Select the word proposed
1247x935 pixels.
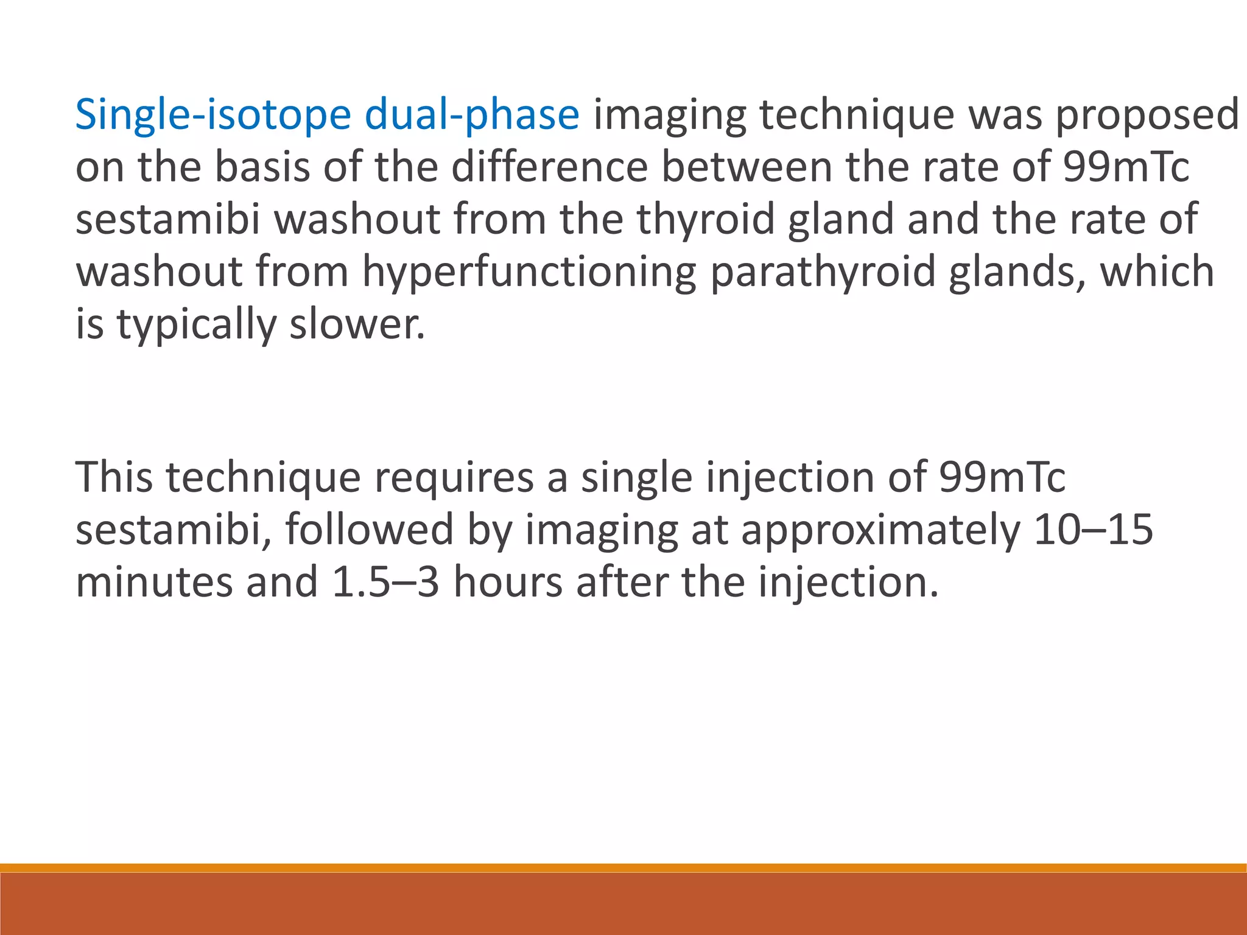pos(1147,115)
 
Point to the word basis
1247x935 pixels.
pos(262,167)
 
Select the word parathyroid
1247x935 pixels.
pos(823,271)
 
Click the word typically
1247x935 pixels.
pos(197,324)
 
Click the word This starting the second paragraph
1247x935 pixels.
pos(114,477)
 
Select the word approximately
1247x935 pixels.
pos(880,530)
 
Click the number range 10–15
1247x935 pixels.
pos(1093,530)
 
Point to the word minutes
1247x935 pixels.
pos(154,582)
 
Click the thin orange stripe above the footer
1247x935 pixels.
pos(623,867)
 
